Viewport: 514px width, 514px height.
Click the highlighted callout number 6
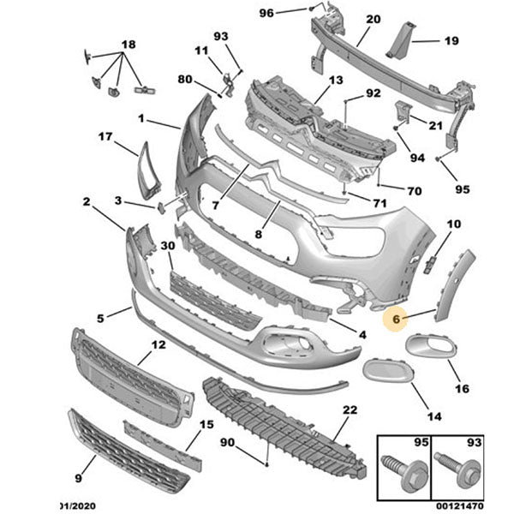(x=396, y=320)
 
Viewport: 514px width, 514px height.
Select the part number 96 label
(x=266, y=13)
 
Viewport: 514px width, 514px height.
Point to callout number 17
(x=105, y=136)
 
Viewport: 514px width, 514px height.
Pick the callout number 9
(x=80, y=479)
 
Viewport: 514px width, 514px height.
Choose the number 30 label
(x=167, y=245)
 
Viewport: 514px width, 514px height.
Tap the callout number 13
(x=334, y=80)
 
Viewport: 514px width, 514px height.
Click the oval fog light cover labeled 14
(x=387, y=374)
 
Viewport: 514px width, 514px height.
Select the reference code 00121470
(x=461, y=505)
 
